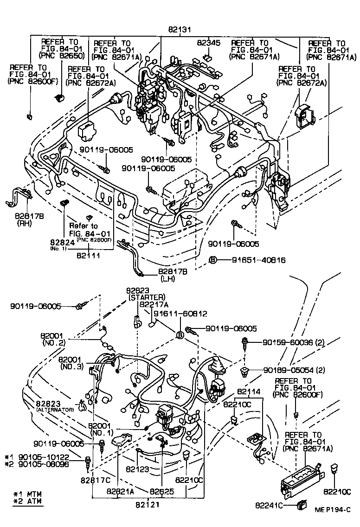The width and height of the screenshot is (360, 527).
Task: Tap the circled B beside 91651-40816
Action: tap(212, 260)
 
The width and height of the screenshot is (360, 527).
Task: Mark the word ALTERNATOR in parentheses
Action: tap(55, 410)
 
